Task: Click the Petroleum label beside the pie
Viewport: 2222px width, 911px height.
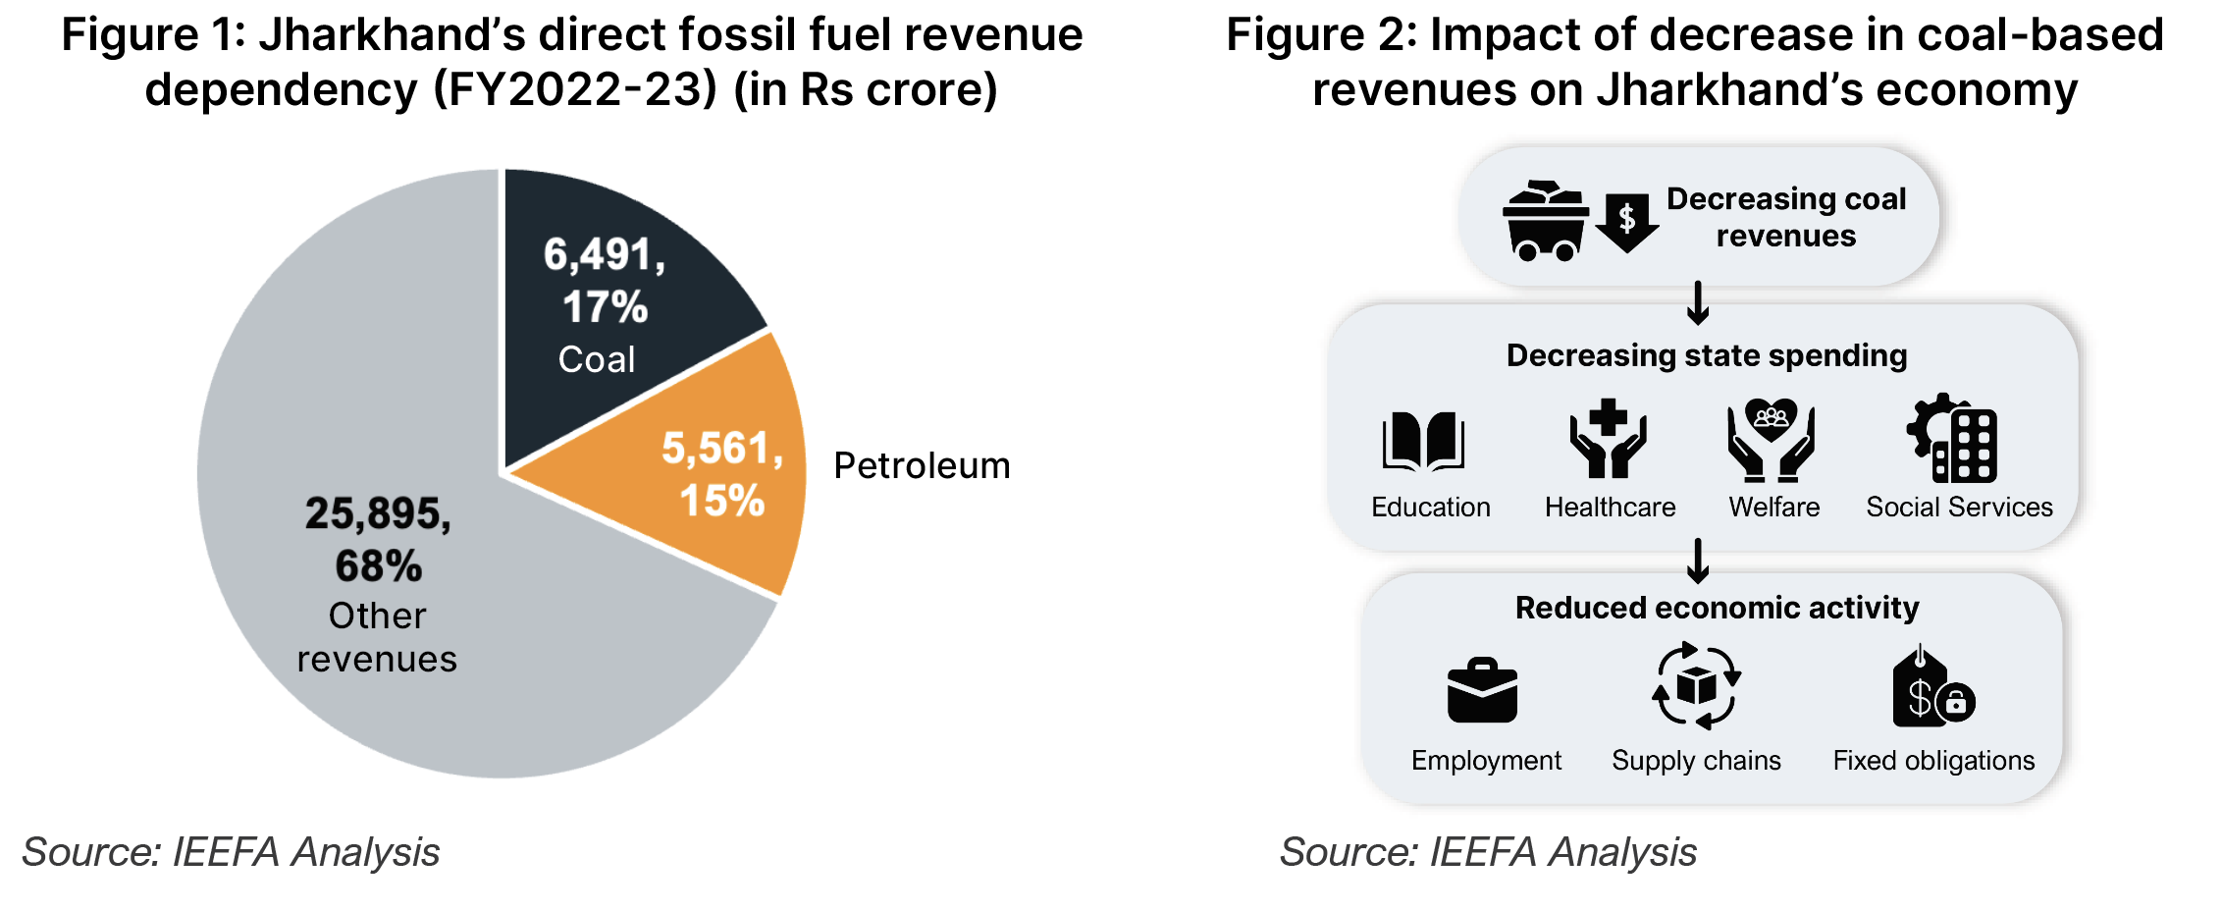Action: (x=922, y=465)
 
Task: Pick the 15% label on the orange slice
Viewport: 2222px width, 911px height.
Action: (x=721, y=501)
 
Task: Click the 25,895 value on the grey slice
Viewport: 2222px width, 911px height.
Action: (x=378, y=513)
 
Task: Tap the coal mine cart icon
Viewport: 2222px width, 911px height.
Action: (x=1545, y=221)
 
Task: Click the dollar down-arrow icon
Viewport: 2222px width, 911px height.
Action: (x=1626, y=222)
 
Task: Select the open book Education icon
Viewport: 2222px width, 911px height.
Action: (x=1423, y=441)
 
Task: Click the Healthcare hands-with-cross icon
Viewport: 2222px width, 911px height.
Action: (x=1608, y=439)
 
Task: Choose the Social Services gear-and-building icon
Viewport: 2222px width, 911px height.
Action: (x=1953, y=439)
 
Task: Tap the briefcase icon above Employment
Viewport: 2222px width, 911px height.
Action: (x=1482, y=691)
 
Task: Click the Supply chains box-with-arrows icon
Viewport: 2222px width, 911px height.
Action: (x=1696, y=686)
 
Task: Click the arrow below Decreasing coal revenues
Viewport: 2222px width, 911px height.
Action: (x=1698, y=303)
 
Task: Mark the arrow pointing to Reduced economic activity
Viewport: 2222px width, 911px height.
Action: (x=1698, y=561)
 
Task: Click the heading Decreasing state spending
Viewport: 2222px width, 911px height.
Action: (x=1707, y=355)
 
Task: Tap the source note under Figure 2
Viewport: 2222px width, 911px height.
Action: (x=1488, y=852)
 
